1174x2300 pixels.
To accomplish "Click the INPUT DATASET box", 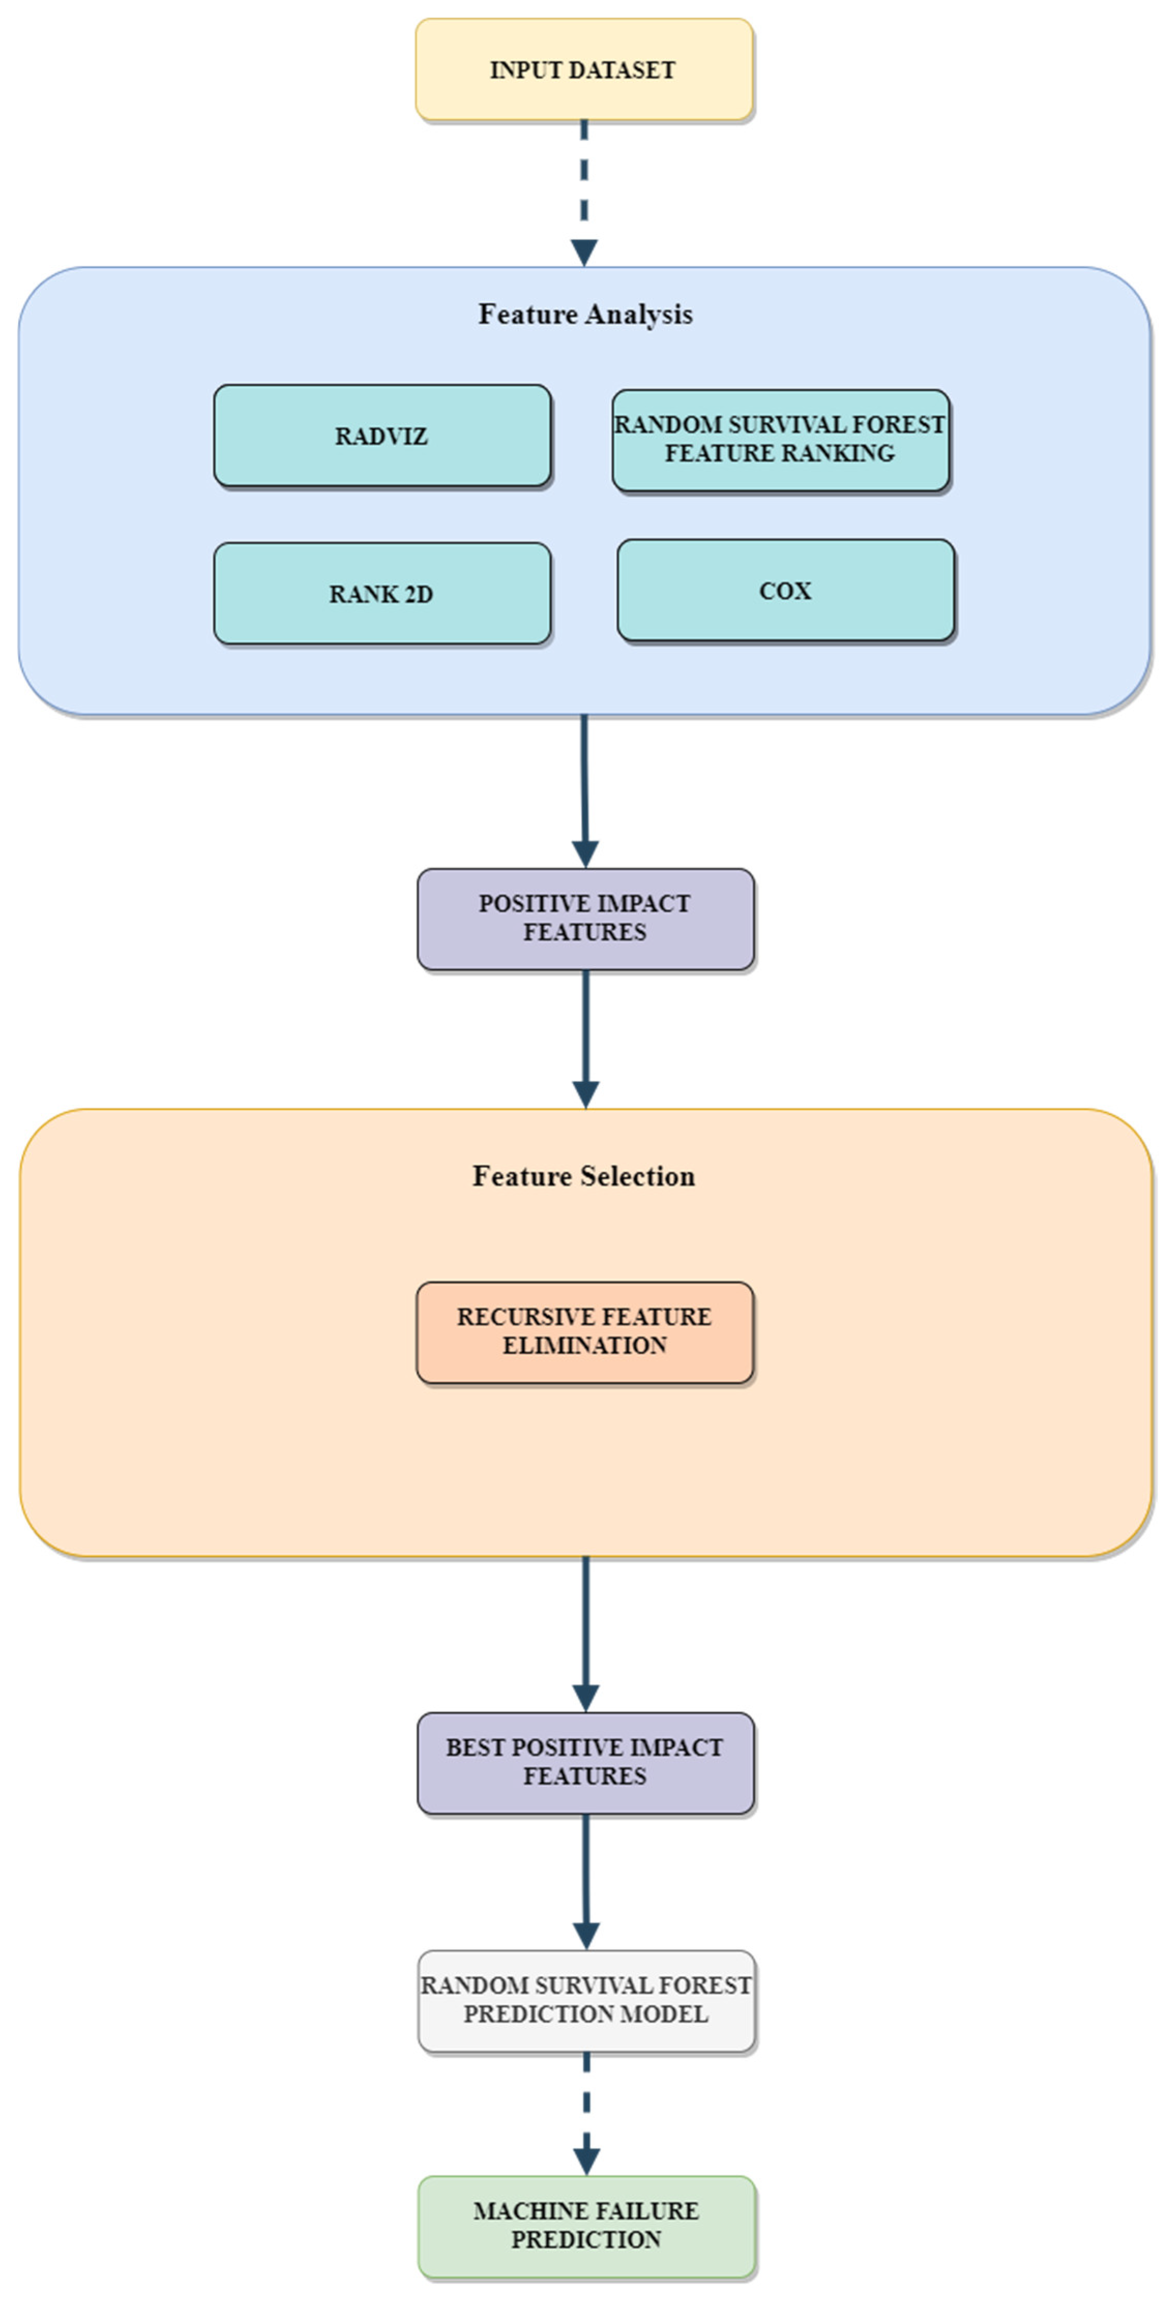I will point(584,70).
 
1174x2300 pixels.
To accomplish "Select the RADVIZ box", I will point(382,436).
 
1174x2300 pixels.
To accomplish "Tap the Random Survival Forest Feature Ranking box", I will point(780,439).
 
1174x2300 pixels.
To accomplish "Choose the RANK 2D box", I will point(382,593).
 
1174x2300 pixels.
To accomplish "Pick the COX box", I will point(785,590).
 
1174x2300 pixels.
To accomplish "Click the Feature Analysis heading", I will point(585,314).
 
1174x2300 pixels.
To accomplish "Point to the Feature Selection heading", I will point(584,1176).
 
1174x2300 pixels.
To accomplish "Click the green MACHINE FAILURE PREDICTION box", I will point(587,2225).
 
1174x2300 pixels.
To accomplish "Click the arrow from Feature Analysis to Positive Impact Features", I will point(585,790).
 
